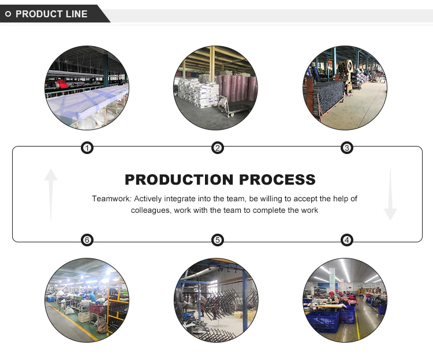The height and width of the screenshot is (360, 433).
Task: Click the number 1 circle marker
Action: (x=87, y=148)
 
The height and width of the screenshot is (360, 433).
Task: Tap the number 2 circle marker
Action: (x=217, y=148)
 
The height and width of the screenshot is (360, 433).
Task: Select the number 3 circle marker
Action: (x=347, y=148)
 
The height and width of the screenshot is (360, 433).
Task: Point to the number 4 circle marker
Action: (x=347, y=240)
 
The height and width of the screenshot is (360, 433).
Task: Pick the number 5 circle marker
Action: (x=217, y=240)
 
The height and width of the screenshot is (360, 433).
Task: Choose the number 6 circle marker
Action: (x=87, y=240)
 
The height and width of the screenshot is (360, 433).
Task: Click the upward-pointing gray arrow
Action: (x=51, y=194)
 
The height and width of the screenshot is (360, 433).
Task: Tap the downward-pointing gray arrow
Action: (x=390, y=194)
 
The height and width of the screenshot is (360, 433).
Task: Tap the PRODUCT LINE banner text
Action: (x=51, y=14)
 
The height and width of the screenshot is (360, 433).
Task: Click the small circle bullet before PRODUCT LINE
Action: (x=8, y=14)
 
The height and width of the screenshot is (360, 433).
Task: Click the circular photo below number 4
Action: (x=346, y=300)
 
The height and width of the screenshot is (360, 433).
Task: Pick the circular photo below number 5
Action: (x=216, y=300)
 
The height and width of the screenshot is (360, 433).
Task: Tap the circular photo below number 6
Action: (x=87, y=300)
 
